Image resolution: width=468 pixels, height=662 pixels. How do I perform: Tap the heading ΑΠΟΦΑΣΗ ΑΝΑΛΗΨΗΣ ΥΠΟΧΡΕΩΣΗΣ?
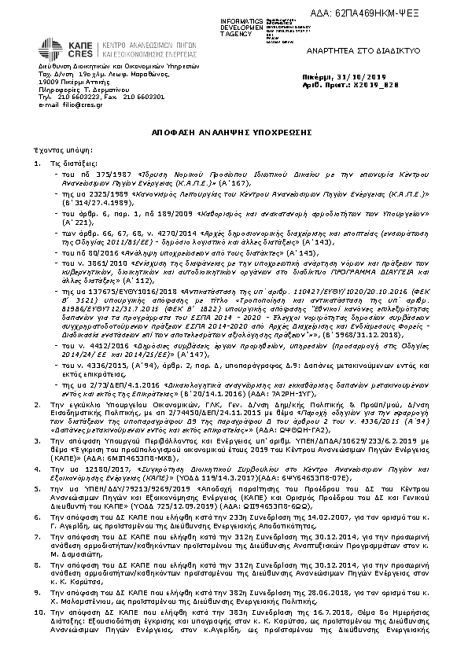(234, 134)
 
